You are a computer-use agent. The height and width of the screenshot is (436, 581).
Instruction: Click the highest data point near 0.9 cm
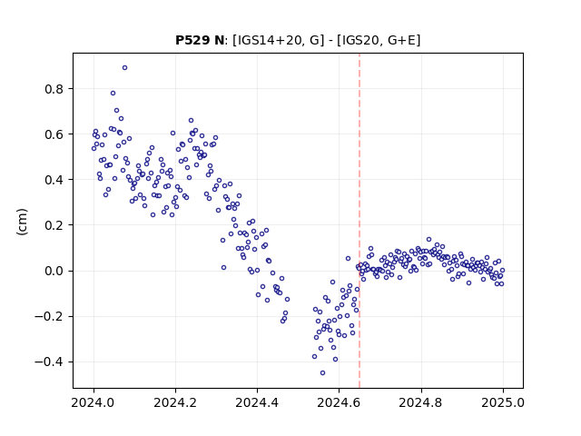[x=125, y=68]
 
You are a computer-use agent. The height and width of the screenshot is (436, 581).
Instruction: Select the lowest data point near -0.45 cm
[x=323, y=373]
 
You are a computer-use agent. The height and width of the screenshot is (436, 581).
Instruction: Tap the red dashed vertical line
[x=359, y=221]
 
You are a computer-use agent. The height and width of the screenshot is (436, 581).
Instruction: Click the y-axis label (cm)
[x=22, y=222]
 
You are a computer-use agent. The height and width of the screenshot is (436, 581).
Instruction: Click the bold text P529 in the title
[x=192, y=40]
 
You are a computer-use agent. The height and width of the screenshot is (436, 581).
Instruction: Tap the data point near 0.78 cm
[x=113, y=93]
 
